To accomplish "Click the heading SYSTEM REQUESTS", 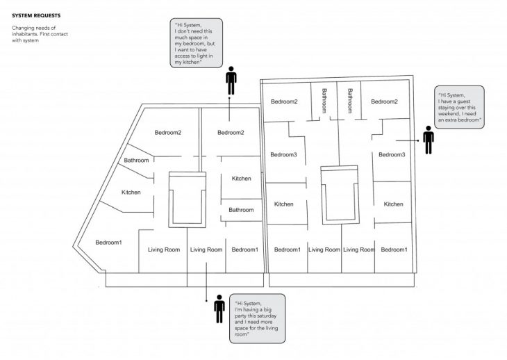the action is (36, 15).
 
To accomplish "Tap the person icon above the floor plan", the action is (231, 81).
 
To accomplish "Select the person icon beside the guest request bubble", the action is (429, 140).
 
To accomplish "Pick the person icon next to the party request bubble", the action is (219, 309).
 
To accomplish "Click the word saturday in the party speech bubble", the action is (265, 316).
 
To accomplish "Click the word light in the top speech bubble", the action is (202, 56).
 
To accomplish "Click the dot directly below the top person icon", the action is (229, 98).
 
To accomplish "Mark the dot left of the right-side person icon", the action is (418, 140).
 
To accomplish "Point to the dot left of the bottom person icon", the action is (206, 301).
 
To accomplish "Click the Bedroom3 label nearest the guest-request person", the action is (392, 154).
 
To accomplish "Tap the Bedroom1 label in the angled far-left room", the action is (108, 243).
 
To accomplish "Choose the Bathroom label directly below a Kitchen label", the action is (241, 210).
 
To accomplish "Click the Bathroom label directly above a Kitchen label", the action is (136, 160).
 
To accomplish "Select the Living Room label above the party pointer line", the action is (206, 249).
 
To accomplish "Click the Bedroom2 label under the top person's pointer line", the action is (231, 132).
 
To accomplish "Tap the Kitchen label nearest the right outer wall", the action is (393, 204).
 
